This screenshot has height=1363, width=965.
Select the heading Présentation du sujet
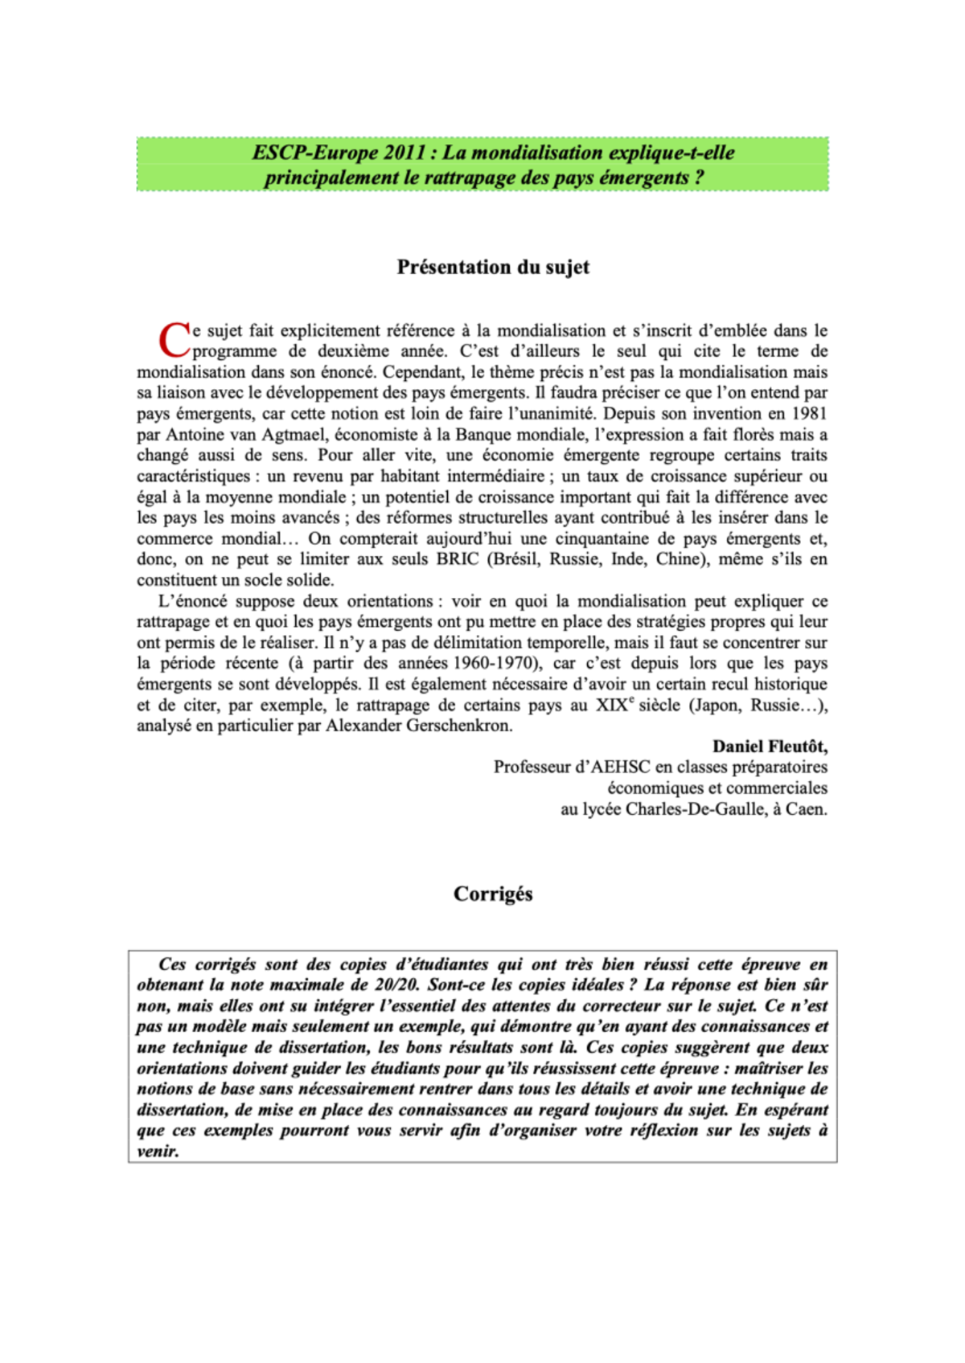[493, 267]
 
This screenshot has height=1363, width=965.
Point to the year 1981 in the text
[810, 414]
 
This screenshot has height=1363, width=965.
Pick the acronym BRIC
[458, 559]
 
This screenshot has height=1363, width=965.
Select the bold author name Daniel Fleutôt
[770, 747]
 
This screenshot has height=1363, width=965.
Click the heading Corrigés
[493, 894]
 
